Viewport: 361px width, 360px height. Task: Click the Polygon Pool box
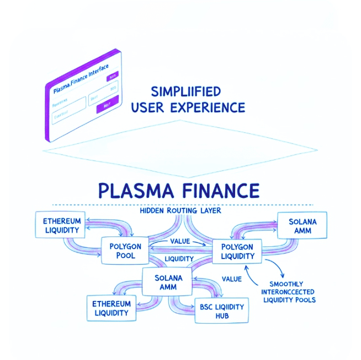125,251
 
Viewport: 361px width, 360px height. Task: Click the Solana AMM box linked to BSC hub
167,281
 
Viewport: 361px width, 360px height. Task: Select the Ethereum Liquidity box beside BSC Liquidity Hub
112,308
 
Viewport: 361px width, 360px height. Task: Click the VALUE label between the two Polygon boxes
179,241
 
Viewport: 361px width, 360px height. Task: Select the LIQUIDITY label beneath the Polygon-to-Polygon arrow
179,258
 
